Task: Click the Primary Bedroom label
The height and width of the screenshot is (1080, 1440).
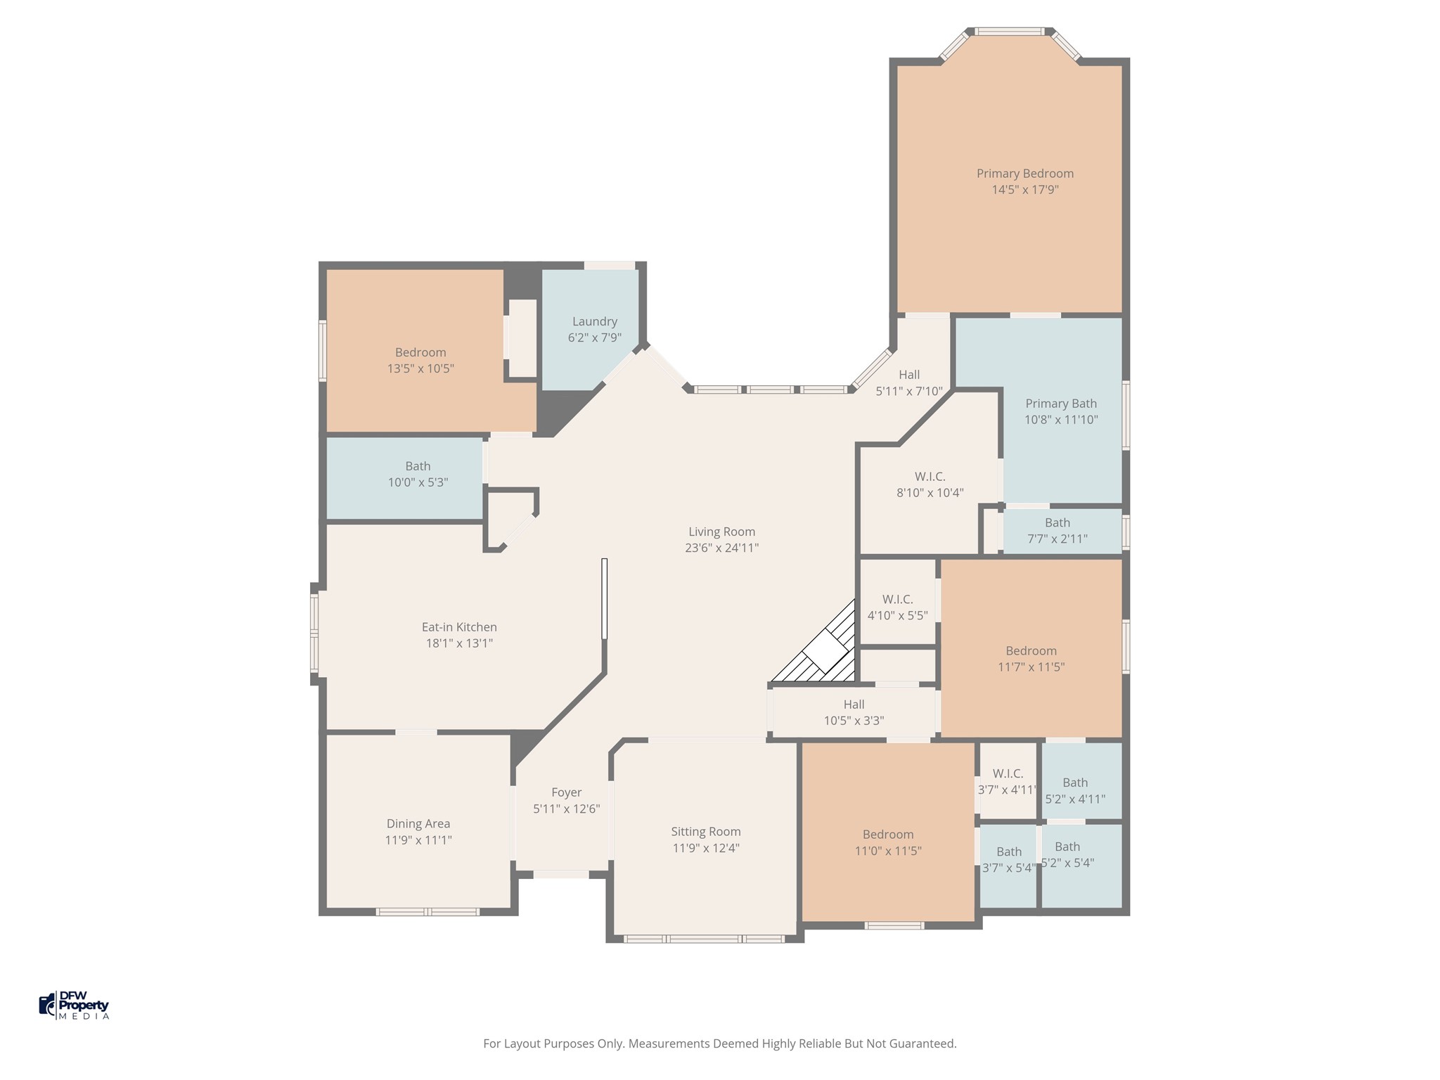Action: pyautogui.click(x=1024, y=174)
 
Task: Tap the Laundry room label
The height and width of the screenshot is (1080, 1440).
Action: pyautogui.click(x=595, y=321)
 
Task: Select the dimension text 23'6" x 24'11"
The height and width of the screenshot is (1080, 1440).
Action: pyautogui.click(x=722, y=548)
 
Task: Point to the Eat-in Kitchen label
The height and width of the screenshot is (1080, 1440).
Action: pyautogui.click(x=459, y=627)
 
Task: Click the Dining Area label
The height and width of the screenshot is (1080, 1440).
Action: pyautogui.click(x=418, y=824)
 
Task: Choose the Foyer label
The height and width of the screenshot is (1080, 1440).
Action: pyautogui.click(x=567, y=792)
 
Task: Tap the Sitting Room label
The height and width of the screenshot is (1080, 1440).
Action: pyautogui.click(x=706, y=832)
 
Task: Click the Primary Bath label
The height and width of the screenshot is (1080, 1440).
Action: pyautogui.click(x=1061, y=404)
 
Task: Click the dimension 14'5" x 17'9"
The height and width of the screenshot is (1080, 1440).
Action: pyautogui.click(x=1025, y=190)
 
